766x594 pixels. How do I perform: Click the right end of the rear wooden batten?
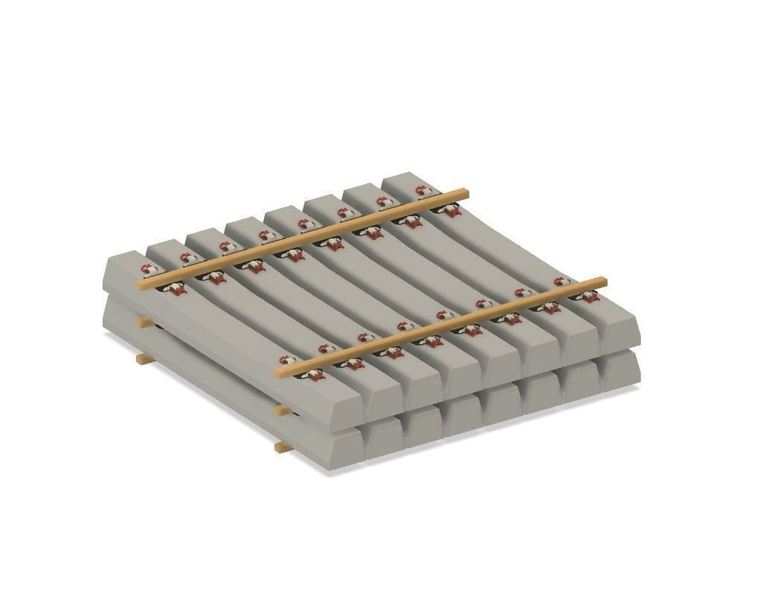(x=465, y=194)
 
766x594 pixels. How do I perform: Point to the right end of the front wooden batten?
(x=602, y=282)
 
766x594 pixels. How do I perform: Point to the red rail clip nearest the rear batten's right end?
(x=450, y=211)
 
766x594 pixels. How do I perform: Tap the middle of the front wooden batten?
(x=441, y=327)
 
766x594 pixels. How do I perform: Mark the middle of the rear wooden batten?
(x=302, y=239)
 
